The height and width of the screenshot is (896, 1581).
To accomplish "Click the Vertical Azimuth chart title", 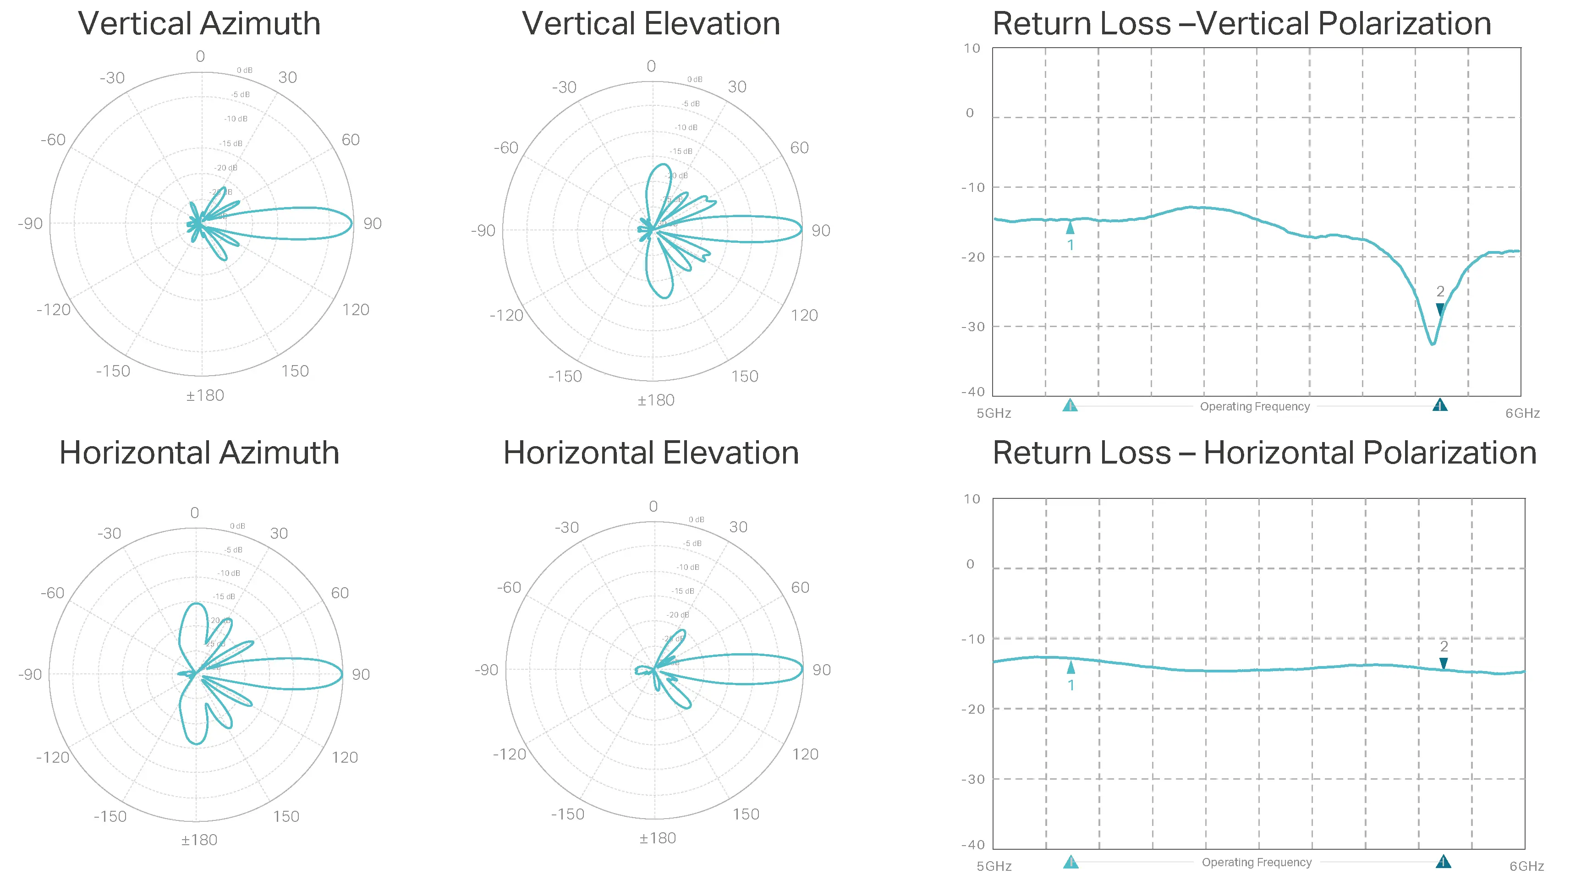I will (x=199, y=24).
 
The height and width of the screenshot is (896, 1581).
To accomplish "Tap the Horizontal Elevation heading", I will (x=651, y=453).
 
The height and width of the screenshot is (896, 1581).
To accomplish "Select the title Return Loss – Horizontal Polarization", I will (x=1264, y=453).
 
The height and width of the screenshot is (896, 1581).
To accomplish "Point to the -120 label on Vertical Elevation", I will (x=506, y=316).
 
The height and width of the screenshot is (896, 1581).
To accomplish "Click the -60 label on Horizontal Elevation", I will (x=509, y=588).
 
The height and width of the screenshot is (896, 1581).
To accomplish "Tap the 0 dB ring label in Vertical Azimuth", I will (x=244, y=70).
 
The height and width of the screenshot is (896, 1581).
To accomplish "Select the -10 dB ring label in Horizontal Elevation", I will (x=688, y=568).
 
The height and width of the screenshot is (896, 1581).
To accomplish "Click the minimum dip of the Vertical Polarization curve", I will (x=1433, y=344).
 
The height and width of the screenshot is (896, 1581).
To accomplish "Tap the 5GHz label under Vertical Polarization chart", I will (x=994, y=414).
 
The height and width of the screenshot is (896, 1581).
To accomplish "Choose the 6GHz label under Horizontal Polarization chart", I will (x=1526, y=867).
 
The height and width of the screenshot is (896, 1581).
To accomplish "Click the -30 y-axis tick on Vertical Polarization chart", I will (x=973, y=327).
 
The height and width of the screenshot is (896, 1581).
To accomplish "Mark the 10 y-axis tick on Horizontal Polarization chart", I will (x=972, y=499).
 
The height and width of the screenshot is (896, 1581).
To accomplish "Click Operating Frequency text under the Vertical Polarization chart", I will (x=1255, y=407).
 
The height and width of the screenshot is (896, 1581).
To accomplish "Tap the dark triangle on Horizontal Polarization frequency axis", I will (x=1443, y=862).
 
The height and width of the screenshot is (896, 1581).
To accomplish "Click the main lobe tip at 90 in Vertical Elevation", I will (x=801, y=230).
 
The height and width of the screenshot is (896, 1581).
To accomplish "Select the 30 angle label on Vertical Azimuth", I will (x=287, y=77).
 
